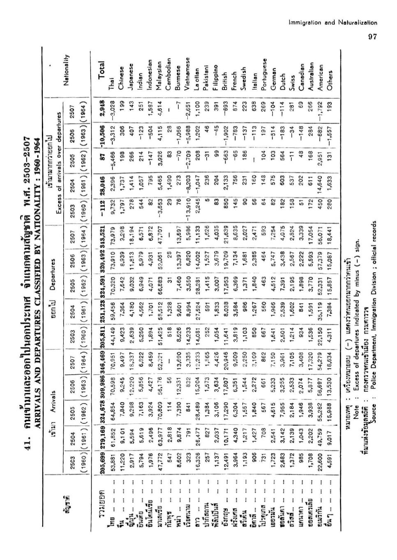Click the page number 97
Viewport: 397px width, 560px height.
pyautogui.click(x=372, y=37)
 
